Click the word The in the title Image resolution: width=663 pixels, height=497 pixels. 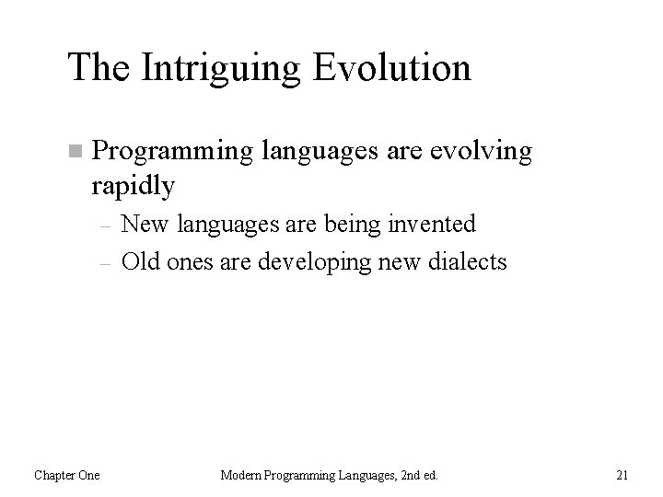click(x=95, y=67)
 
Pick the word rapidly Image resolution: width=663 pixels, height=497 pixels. click(x=133, y=187)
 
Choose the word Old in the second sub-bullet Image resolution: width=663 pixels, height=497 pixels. click(x=139, y=262)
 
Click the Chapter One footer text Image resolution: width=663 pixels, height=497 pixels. click(x=67, y=475)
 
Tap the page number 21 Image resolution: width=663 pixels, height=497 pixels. click(x=622, y=475)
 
